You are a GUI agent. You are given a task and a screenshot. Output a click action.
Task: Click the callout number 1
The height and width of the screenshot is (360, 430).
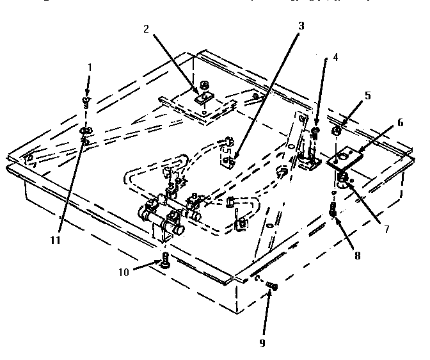pyautogui.click(x=90, y=67)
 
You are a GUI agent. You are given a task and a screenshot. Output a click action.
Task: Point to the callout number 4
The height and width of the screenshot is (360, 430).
pyautogui.click(x=335, y=56)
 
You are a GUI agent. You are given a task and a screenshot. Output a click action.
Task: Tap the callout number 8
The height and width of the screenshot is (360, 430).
pyautogui.click(x=358, y=255)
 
